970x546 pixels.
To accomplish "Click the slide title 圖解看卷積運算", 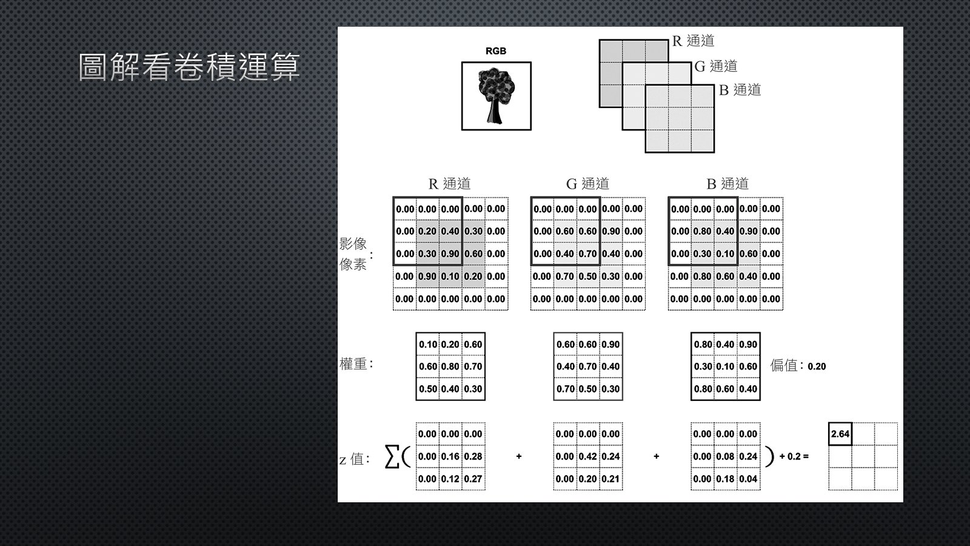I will [189, 67].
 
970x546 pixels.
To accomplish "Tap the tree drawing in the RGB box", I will [496, 96].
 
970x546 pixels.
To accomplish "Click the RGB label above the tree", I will [496, 51].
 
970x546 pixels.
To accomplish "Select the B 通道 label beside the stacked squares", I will [740, 90].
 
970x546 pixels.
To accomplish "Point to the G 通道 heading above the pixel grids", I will [587, 183].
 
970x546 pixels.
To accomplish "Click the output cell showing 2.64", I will [840, 434].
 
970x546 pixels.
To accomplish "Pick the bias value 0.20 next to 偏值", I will [817, 366].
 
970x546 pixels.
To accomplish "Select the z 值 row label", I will [355, 459].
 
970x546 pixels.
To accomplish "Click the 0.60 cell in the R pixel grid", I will [473, 254].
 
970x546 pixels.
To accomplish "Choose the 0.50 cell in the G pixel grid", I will [587, 276].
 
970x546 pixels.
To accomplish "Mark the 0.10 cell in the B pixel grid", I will [725, 254].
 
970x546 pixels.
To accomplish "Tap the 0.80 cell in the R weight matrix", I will [450, 366].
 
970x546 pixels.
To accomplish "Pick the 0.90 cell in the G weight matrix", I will [610, 344].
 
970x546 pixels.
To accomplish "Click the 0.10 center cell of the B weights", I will [725, 366].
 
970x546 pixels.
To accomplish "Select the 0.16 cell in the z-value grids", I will [450, 456].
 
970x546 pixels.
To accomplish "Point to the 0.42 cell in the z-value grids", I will [587, 456].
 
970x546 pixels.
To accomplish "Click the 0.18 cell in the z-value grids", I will [725, 479].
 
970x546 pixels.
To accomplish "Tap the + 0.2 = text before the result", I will [794, 456].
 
